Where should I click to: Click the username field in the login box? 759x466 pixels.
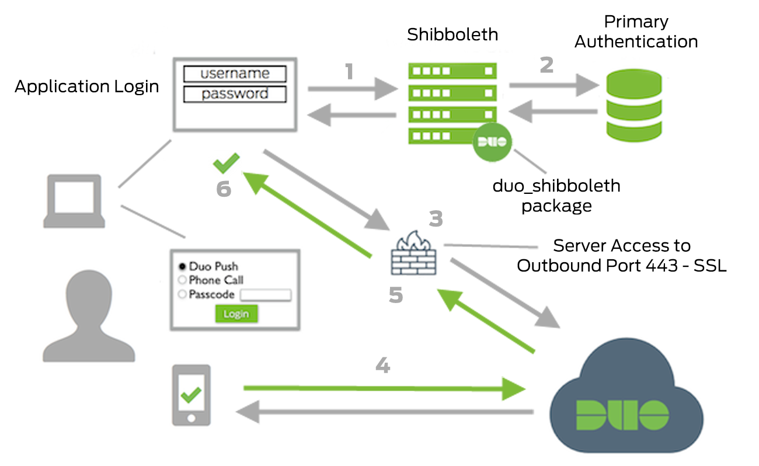(x=235, y=74)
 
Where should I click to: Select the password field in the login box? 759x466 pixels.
(x=235, y=94)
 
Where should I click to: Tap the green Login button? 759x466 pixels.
(x=236, y=314)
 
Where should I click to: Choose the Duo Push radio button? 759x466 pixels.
(x=182, y=266)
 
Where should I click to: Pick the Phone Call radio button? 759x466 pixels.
(x=182, y=280)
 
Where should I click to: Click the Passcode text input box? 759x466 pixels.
(x=265, y=295)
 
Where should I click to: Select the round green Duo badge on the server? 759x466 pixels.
(x=493, y=141)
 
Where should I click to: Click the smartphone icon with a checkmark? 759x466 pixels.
(x=191, y=395)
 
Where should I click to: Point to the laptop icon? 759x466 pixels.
(x=74, y=201)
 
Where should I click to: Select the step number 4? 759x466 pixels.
(x=382, y=366)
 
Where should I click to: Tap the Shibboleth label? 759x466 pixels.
(x=452, y=34)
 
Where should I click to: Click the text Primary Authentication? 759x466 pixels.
(x=636, y=32)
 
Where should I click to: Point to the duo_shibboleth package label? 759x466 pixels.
(x=556, y=196)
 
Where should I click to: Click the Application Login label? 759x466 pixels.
(x=86, y=86)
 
